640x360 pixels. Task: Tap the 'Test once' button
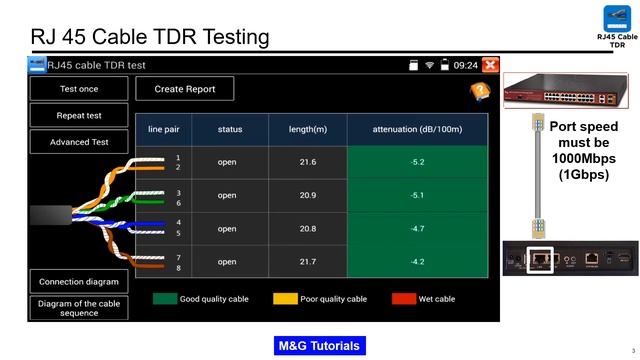click(x=79, y=89)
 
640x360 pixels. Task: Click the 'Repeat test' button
click(x=79, y=115)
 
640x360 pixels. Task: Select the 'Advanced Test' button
click(x=79, y=142)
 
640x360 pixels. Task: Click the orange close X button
click(x=490, y=65)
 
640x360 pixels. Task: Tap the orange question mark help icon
click(x=479, y=91)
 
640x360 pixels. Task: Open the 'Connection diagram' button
click(x=79, y=281)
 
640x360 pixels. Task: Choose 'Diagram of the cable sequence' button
click(x=79, y=308)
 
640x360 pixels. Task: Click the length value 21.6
click(x=308, y=162)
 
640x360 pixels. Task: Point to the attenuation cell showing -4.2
click(x=417, y=262)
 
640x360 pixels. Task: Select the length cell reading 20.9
click(x=308, y=195)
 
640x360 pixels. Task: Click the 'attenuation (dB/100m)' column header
click(x=417, y=129)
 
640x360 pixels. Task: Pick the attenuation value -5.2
click(x=417, y=162)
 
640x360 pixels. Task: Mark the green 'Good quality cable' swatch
click(x=164, y=298)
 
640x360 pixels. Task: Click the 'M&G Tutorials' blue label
click(x=319, y=346)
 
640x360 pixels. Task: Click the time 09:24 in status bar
click(x=465, y=65)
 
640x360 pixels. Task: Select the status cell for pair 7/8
click(x=227, y=262)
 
